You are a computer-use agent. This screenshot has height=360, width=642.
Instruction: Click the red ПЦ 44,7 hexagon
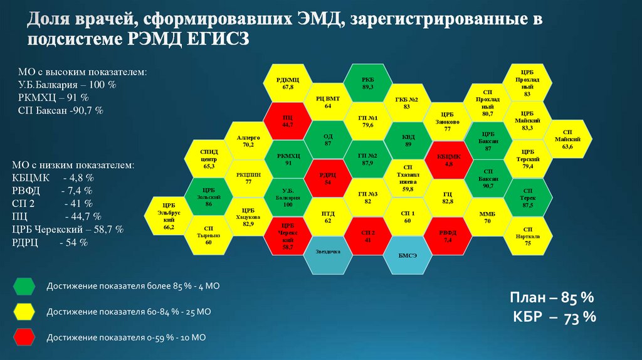[288, 121]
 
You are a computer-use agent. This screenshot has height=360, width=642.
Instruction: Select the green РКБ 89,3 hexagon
[367, 83]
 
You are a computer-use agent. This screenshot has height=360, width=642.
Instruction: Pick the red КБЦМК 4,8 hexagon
[448, 159]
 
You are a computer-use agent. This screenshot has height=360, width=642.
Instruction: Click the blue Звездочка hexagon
[327, 253]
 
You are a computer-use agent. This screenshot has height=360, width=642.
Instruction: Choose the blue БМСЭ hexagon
[407, 253]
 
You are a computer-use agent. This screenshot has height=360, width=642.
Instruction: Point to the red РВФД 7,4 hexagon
[448, 236]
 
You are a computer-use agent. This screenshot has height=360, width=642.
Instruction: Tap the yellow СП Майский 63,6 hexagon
[567, 141]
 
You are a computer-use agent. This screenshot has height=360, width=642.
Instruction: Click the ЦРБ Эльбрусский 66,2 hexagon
[168, 216]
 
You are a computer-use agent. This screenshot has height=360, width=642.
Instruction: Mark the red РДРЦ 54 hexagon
[327, 179]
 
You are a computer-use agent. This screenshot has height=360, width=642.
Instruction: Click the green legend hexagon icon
[23, 287]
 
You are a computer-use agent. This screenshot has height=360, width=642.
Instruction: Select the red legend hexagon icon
[23, 337]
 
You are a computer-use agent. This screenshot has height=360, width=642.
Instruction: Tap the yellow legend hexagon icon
[23, 312]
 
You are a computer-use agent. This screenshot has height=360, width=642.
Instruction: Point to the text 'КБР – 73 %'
[554, 317]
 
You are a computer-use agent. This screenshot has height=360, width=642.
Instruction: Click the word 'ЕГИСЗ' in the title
[216, 39]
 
